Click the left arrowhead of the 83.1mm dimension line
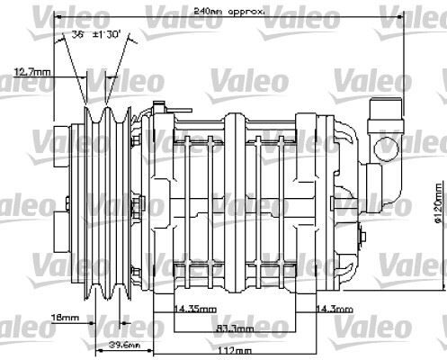coord(174,328)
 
